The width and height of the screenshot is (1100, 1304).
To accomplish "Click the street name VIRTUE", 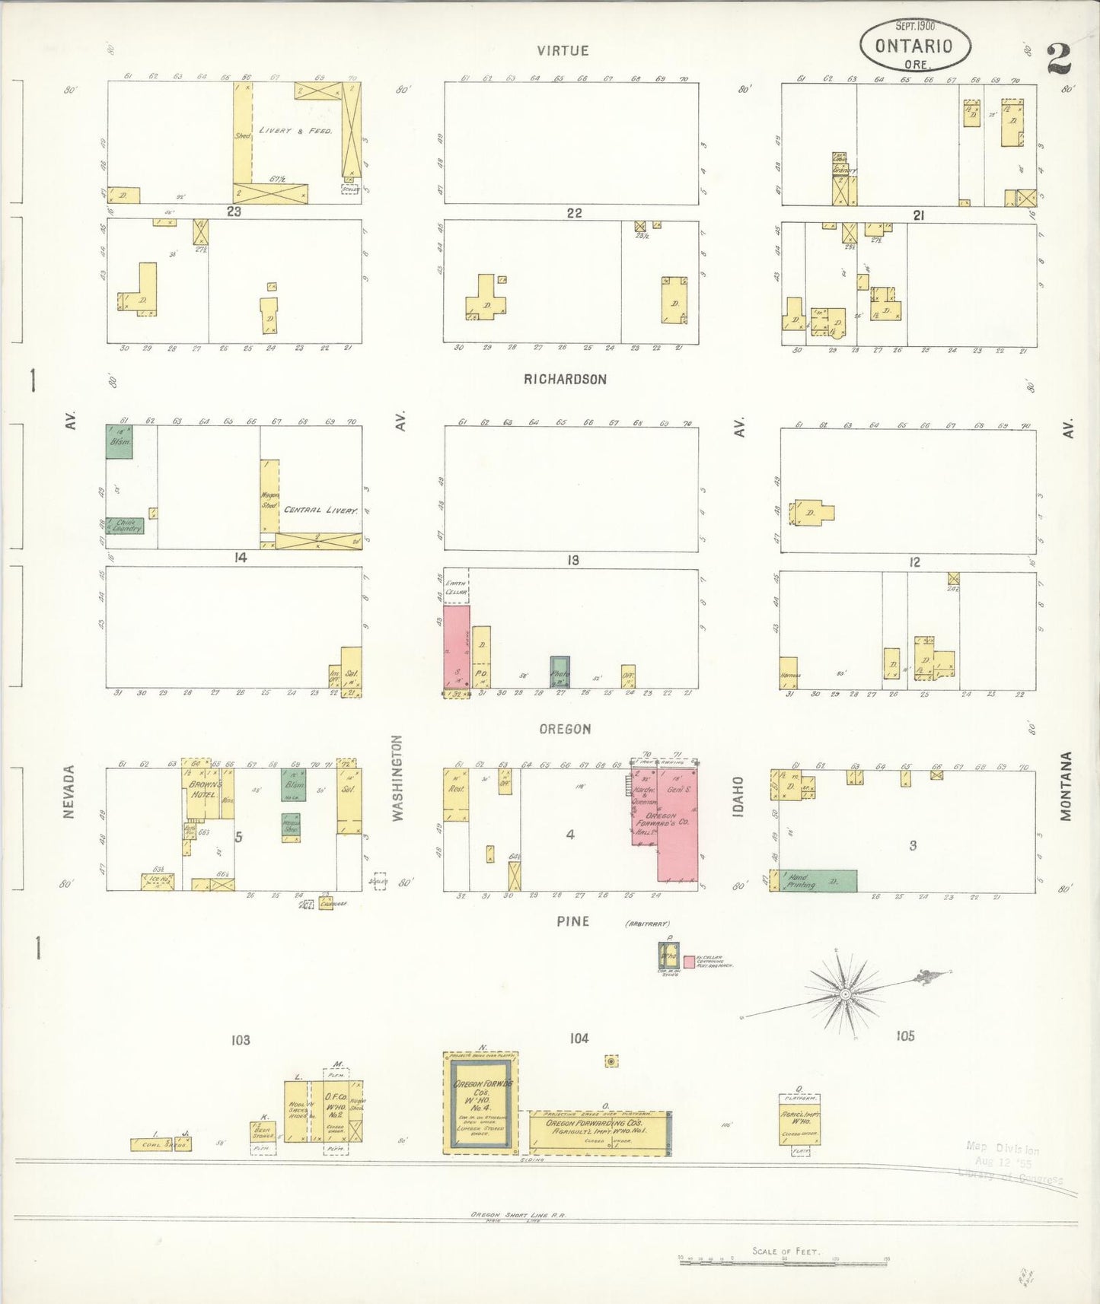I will pos(563,51).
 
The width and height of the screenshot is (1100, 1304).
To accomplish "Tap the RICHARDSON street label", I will pos(565,379).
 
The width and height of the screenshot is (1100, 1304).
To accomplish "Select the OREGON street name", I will pos(565,729).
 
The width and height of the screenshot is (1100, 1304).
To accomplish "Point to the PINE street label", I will pos(572,921).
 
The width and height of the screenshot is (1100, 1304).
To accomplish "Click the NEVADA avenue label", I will pos(69,792).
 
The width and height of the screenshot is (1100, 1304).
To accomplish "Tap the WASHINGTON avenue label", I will pos(397,778).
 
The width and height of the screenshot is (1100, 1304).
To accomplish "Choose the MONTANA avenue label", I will pos(1066,786).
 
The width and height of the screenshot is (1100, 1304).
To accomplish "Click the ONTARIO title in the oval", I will pos(913,46).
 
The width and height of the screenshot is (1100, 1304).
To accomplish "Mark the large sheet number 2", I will pos(1059,58).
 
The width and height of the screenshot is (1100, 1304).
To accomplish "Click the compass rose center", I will pos(845,994).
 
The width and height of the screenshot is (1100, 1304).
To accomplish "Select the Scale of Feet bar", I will pos(784,1259).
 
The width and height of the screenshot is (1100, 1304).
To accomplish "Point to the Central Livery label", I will pos(320,510).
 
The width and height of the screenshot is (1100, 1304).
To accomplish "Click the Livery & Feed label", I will pos(295,131).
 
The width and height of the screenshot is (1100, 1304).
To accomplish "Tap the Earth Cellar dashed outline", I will pos(457,586).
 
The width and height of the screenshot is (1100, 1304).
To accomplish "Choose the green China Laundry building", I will pos(125,525).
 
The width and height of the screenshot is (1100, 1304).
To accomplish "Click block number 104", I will pos(579,1038).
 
